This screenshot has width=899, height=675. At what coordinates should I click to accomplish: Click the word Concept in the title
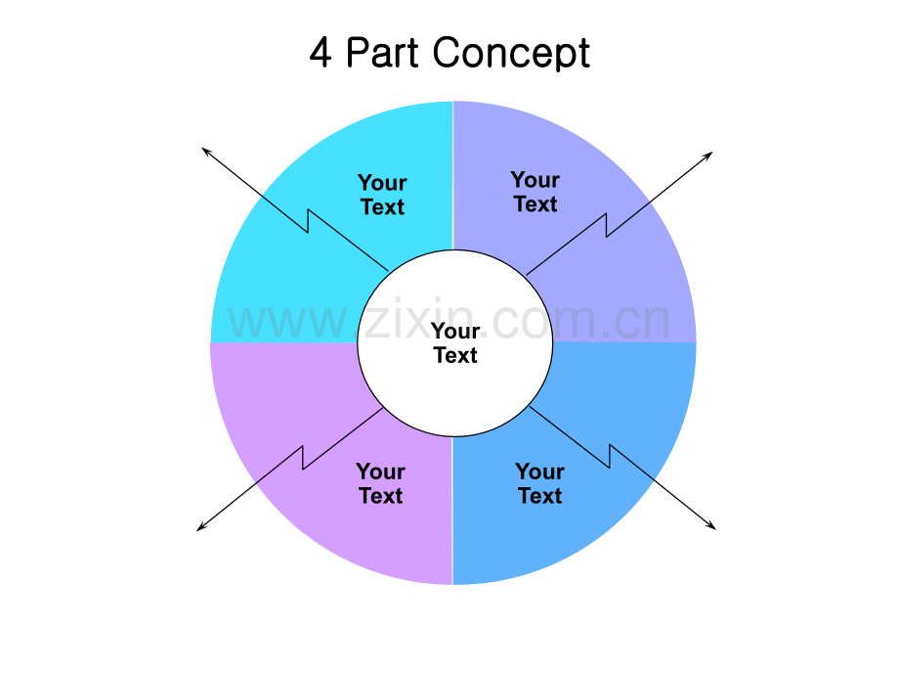[511, 54]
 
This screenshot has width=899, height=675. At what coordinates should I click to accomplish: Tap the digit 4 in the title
[320, 53]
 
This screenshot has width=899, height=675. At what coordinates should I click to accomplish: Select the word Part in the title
[382, 52]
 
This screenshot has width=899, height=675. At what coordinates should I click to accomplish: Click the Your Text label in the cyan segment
[382, 195]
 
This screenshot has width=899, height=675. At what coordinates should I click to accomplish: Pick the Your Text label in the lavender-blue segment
[535, 192]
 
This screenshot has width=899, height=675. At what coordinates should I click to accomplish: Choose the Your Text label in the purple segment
[381, 483]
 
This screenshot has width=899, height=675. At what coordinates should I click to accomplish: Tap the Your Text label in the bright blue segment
[539, 483]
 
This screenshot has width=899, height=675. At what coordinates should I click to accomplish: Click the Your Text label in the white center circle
[455, 342]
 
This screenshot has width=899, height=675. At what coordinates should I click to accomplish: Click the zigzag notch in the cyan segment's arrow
[309, 221]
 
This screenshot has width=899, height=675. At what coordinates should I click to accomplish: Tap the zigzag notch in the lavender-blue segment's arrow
[607, 225]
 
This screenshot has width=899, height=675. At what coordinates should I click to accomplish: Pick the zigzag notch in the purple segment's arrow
[303, 458]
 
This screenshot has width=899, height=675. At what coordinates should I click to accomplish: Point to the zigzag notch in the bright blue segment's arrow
[610, 456]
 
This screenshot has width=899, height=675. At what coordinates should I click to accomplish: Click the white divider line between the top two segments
[453, 176]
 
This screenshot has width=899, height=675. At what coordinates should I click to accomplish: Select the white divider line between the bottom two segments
[452, 511]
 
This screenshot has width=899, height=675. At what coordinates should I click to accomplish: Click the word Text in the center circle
[455, 355]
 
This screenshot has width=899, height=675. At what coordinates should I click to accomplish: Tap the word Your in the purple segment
[381, 472]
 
